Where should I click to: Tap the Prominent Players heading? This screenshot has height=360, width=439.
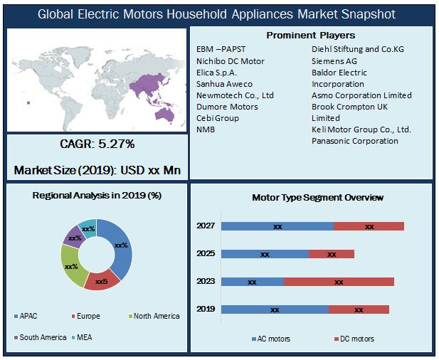[x=311, y=36]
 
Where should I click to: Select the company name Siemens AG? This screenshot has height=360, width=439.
[x=334, y=61]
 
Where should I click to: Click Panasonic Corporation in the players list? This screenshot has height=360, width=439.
[x=355, y=141]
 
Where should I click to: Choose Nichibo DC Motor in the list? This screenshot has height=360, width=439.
[x=231, y=61]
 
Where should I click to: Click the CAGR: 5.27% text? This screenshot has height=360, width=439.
[x=97, y=144]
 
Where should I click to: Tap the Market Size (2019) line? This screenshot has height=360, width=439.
[x=97, y=171]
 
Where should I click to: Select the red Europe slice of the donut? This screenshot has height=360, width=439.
[x=102, y=280]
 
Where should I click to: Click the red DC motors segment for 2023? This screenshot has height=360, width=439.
[x=339, y=282]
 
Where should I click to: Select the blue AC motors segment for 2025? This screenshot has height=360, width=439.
[x=265, y=254]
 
